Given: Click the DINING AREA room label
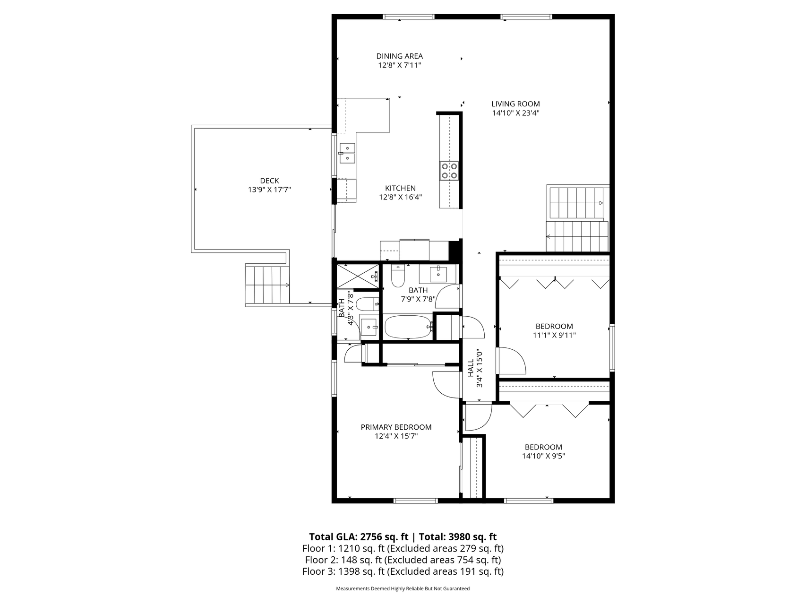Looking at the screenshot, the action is pos(399,56).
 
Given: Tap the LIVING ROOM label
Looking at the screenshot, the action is pos(515,104).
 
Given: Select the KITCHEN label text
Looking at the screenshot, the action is pos(400,188).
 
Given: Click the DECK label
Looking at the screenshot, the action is pos(269,181).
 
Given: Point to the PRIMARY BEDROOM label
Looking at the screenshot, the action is pos(396,427).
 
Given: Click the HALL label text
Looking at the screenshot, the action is pos(471,368).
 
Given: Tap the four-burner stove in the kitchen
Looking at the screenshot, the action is pos(449,171).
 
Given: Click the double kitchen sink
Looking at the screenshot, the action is pos(347,153).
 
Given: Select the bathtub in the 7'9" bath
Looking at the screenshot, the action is pos(409,327).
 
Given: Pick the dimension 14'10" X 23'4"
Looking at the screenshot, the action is pos(515,113).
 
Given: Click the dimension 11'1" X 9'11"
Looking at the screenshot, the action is pos(554,335).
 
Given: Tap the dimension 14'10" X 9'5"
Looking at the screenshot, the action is pos(544,456).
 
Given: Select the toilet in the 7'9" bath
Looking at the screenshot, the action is pos(398,277).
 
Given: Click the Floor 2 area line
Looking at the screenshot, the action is pos(403,560).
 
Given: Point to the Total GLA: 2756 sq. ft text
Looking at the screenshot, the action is pos(359,537).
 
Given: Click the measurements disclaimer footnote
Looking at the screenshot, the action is pos(403,589).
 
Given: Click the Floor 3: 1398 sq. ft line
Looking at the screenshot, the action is pos(403,571).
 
